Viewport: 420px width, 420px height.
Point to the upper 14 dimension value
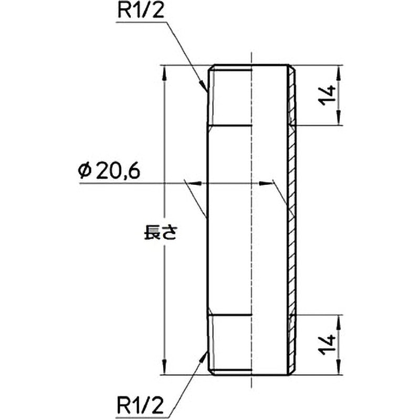point(329,95)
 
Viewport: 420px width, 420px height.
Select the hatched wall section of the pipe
point(292,220)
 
